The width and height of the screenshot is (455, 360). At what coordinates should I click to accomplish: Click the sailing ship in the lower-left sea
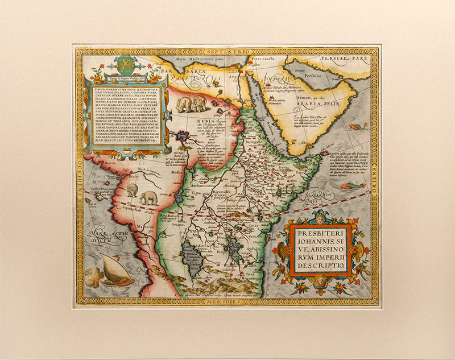tap(116, 271)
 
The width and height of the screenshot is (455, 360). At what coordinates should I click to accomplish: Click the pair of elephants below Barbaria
tap(191, 104)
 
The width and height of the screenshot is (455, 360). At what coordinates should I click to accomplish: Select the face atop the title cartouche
tap(320, 217)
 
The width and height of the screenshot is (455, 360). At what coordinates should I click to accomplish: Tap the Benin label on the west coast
tap(94, 162)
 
